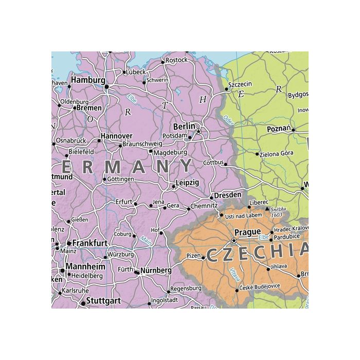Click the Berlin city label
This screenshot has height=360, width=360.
click(184, 126)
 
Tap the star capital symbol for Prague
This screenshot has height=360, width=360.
click(234, 241)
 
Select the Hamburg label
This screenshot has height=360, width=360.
click(88, 80)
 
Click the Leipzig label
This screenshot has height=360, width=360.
click(187, 182)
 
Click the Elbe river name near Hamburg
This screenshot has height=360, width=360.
click(132, 97)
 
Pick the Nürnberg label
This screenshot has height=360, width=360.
click(156, 270)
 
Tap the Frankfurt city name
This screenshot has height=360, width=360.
click(90, 242)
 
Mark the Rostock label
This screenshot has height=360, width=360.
click(177, 60)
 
